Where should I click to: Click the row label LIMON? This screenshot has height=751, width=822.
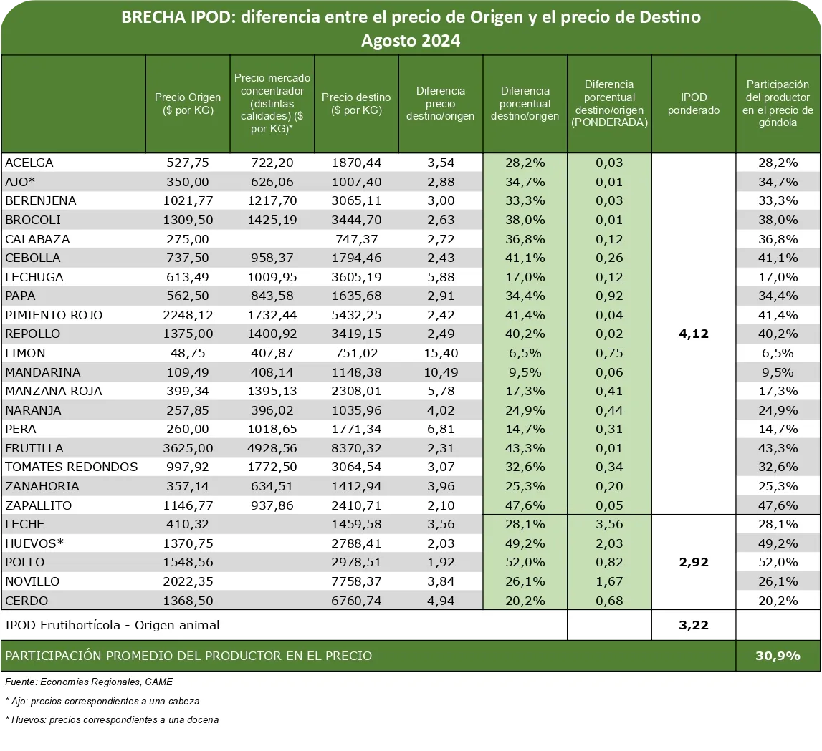pyautogui.click(x=26, y=353)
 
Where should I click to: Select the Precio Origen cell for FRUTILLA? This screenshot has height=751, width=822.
pyautogui.click(x=188, y=448)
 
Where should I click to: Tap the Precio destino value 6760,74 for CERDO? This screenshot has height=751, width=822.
pyautogui.click(x=356, y=600)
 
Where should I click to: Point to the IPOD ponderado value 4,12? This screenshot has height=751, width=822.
pyautogui.click(x=693, y=334)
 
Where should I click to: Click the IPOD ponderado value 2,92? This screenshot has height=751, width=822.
pyautogui.click(x=693, y=562)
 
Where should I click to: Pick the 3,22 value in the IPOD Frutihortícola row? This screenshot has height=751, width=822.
pyautogui.click(x=693, y=625)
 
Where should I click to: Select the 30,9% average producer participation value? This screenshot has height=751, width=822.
pyautogui.click(x=778, y=655)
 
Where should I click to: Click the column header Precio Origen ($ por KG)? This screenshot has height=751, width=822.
pyautogui.click(x=188, y=104)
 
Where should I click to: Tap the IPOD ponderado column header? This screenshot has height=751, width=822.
pyautogui.click(x=693, y=104)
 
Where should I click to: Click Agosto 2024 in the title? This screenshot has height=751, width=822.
pyautogui.click(x=411, y=41)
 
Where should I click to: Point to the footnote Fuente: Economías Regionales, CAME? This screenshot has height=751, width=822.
pyautogui.click(x=89, y=682)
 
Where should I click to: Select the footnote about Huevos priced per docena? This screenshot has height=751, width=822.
pyautogui.click(x=112, y=719)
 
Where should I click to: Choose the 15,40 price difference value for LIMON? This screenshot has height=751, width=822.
pyautogui.click(x=440, y=353)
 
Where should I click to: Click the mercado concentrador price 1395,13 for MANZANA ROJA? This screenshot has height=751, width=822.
pyautogui.click(x=272, y=391)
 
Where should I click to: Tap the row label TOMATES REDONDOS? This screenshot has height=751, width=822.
pyautogui.click(x=72, y=467)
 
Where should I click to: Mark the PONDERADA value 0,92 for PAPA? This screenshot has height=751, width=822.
pyautogui.click(x=609, y=296)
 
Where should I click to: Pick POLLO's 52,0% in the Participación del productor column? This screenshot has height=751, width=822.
pyautogui.click(x=778, y=562)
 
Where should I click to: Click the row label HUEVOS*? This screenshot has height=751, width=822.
pyautogui.click(x=34, y=543)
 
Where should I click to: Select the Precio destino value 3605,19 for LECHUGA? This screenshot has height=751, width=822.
pyautogui.click(x=356, y=277)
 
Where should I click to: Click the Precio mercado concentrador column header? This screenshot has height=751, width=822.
pyautogui.click(x=272, y=104)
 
